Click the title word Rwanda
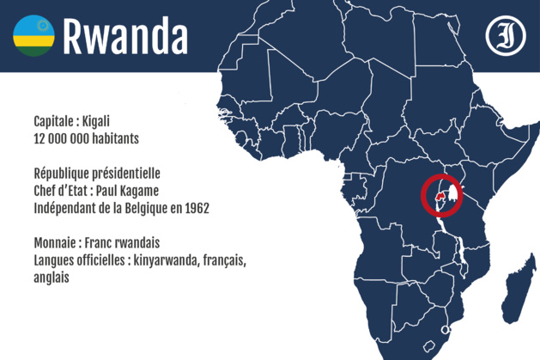(x=125, y=36)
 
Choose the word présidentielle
(x=144, y=173)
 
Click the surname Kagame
(x=160, y=190)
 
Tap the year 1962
(x=194, y=208)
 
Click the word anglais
(x=52, y=278)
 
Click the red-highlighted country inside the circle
(x=440, y=197)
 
